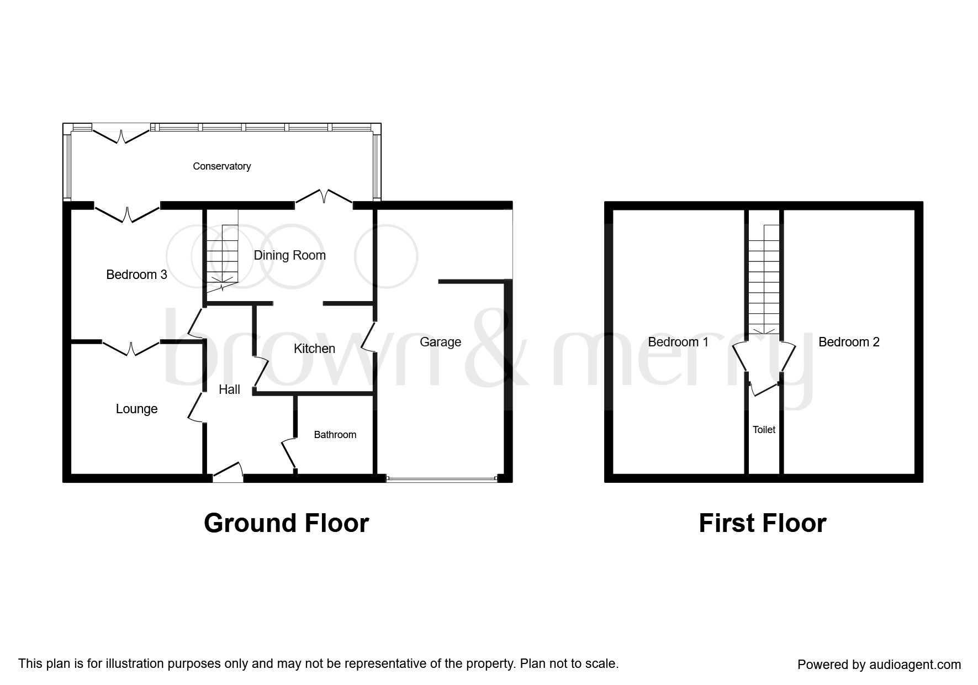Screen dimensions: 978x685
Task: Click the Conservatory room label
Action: click(x=221, y=166)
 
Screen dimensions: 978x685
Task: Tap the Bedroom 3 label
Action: click(x=136, y=275)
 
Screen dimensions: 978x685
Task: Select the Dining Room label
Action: click(x=289, y=256)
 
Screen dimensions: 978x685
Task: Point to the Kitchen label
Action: click(x=314, y=349)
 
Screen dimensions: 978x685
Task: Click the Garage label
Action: click(x=440, y=342)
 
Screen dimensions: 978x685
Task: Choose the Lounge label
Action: click(x=136, y=409)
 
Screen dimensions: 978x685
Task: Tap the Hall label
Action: click(x=229, y=389)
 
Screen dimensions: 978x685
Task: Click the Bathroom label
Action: click(x=335, y=435)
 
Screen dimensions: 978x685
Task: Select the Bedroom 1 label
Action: click(x=678, y=342)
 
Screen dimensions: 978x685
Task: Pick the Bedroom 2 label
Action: click(x=849, y=342)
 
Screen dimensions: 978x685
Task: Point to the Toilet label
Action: click(x=764, y=429)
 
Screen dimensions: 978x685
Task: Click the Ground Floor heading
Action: click(x=286, y=523)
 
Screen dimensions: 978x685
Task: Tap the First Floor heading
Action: click(x=762, y=523)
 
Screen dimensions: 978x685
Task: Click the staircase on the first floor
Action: click(x=764, y=279)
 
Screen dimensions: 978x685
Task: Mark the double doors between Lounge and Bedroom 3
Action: click(x=131, y=347)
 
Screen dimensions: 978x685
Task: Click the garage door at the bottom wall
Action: click(x=442, y=479)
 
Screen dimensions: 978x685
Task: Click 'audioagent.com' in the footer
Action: click(x=915, y=665)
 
